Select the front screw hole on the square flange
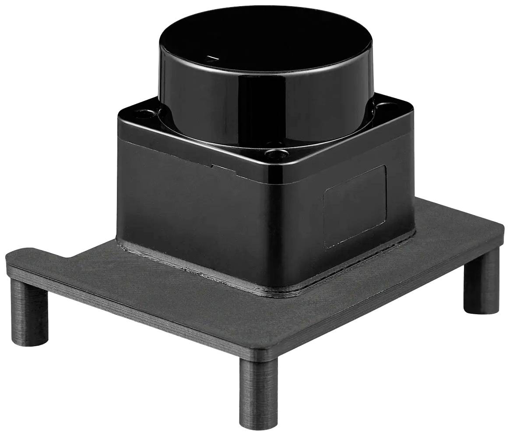click(x=275, y=154)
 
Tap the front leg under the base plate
click(x=258, y=390)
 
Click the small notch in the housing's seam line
click(x=212, y=166)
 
